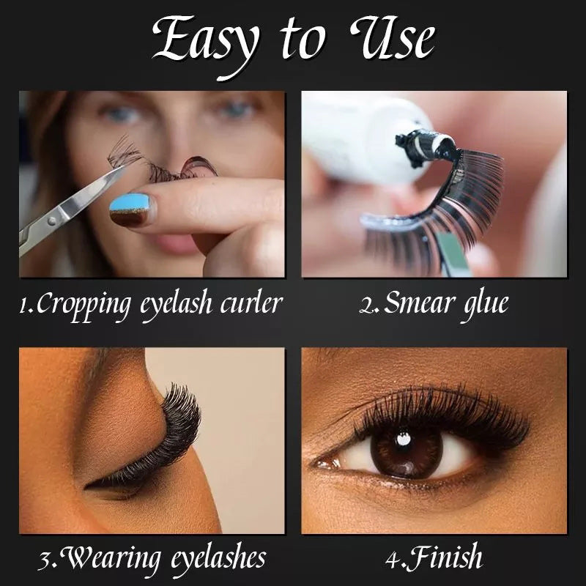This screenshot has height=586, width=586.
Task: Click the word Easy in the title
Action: tap(205, 41)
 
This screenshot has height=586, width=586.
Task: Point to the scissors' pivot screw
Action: tap(53, 219)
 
